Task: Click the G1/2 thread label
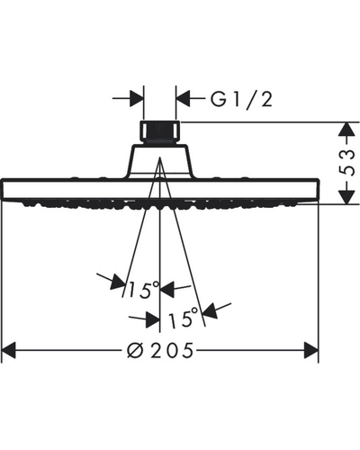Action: point(241,100)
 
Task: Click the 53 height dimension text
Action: point(347,162)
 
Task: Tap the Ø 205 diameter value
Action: point(160,350)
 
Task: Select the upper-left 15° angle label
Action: point(143,290)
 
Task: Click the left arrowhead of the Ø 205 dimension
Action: point(8,350)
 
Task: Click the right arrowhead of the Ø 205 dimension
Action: point(310,350)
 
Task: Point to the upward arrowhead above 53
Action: point(347,130)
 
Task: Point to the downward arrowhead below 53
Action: point(347,197)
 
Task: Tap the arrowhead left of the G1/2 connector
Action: point(136,98)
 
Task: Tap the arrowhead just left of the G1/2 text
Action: point(183,98)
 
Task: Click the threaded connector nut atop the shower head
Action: point(160,131)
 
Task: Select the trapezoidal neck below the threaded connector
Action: point(160,161)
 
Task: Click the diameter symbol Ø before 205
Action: point(134,350)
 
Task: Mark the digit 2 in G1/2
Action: point(266,100)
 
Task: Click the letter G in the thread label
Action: point(218,100)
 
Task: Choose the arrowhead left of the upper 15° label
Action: point(118,283)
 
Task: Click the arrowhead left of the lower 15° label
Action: point(152,319)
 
